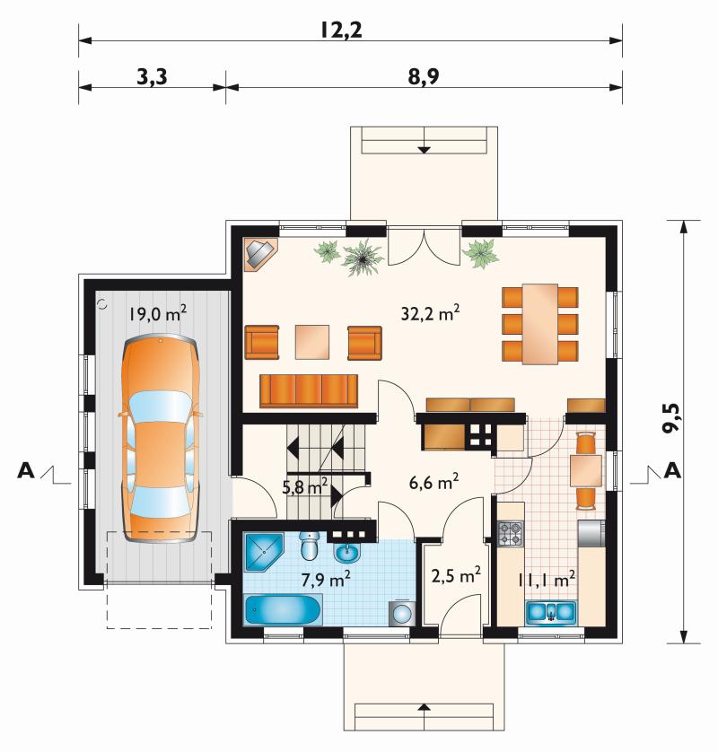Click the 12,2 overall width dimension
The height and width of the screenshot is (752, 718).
(x=341, y=31)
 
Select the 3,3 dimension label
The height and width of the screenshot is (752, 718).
(x=152, y=77)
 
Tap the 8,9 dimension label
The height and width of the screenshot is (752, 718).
(x=424, y=77)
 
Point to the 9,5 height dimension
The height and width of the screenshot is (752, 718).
(x=672, y=417)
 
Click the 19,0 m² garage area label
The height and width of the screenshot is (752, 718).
(x=157, y=314)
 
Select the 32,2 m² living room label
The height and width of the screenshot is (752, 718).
(x=430, y=313)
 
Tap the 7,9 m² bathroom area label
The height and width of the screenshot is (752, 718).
(x=325, y=580)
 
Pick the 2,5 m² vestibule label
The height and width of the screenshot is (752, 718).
(x=456, y=575)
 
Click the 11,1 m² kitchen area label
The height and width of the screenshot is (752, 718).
(x=547, y=580)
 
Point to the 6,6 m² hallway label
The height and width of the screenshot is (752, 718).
(x=433, y=482)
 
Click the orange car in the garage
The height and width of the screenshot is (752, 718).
(x=160, y=439)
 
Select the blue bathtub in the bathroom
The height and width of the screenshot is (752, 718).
(x=283, y=609)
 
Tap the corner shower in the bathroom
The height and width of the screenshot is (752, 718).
(x=263, y=552)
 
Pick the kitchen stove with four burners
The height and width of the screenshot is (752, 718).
(x=511, y=534)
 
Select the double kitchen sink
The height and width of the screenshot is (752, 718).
(x=551, y=612)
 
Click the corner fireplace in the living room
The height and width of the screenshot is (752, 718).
(x=259, y=255)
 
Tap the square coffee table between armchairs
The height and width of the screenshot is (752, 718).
(x=312, y=342)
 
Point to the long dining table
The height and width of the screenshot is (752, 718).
(x=540, y=324)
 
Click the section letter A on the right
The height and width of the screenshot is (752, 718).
(x=672, y=471)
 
